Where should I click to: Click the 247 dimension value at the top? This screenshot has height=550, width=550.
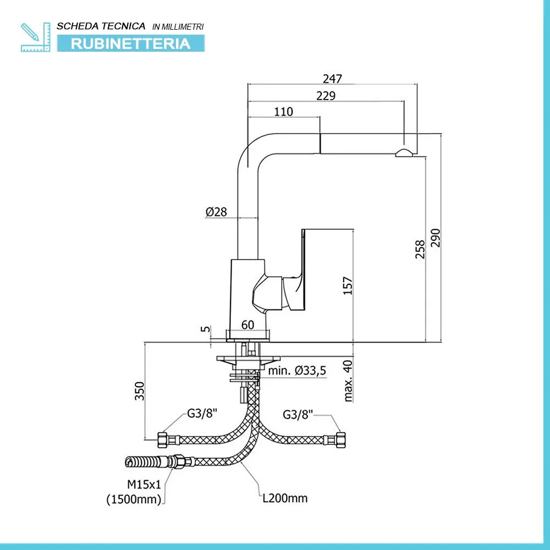pyautogui.click(x=332, y=79)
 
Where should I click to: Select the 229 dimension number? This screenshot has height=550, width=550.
pyautogui.click(x=326, y=96)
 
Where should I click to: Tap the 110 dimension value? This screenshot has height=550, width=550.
pyautogui.click(x=283, y=112)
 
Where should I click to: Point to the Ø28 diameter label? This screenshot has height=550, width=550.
pyautogui.click(x=217, y=212)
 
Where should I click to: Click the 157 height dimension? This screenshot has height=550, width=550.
pyautogui.click(x=348, y=285)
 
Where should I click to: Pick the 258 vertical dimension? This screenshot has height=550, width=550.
pyautogui.click(x=420, y=249)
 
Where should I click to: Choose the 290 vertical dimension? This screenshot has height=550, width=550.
pyautogui.click(x=436, y=238)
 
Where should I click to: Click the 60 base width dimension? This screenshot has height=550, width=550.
pyautogui.click(x=248, y=325)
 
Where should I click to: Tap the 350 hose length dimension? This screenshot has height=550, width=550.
pyautogui.click(x=140, y=391)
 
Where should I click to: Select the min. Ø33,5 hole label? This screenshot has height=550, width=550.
pyautogui.click(x=297, y=371)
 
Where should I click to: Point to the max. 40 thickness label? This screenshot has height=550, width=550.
pyautogui.click(x=348, y=381)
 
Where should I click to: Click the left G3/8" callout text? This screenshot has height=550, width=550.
pyautogui.click(x=202, y=414)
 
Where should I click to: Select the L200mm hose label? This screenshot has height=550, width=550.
pyautogui.click(x=284, y=498)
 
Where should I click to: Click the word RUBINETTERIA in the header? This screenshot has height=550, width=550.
pyautogui.click(x=130, y=43)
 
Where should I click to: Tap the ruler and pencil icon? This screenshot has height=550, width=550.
pyautogui.click(x=35, y=37)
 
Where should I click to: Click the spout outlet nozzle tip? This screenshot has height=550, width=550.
pyautogui.click(x=404, y=153)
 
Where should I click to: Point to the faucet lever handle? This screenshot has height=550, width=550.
pyautogui.click(x=297, y=264)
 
